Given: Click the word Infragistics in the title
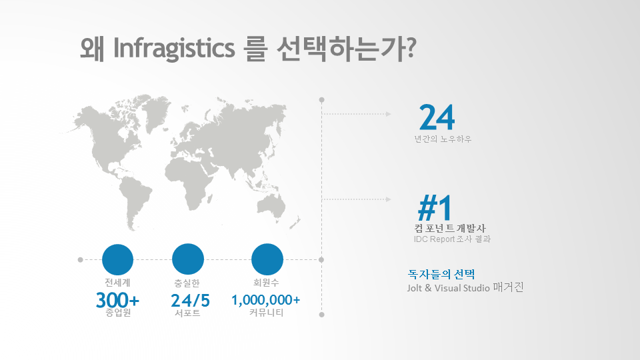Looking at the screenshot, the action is pos(174,49).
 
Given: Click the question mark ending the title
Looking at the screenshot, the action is pos(411,48).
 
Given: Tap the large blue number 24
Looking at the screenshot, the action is pos(437,117).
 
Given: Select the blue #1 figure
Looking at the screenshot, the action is pos(435,208).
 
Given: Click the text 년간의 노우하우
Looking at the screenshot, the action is pos(443,139).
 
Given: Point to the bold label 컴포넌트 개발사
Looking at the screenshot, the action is pos(450,228).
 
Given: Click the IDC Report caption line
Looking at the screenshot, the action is pos(452,239).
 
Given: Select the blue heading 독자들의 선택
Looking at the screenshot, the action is pos(441,274).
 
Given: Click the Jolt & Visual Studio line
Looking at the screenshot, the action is pos(465,287).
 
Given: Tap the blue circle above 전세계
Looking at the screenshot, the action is pos(117,259).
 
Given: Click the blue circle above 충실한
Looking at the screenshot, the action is pos(188,259).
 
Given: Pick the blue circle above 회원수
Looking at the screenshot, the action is pos(267,259).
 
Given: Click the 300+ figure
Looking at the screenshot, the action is pos(117,301).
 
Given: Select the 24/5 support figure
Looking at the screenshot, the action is pos(190,301).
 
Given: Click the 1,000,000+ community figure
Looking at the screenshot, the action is pos(266,300).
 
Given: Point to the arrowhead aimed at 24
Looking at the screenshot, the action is pos(388,114).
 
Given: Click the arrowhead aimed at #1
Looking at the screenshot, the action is pos(388,199).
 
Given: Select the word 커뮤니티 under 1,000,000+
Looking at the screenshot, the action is pos(266,313).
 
